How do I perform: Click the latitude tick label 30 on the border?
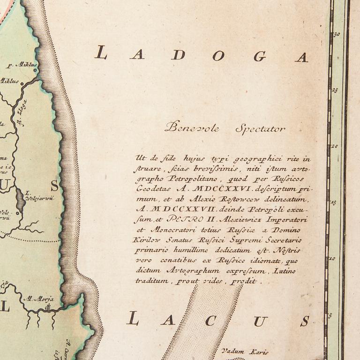[x=336, y=34]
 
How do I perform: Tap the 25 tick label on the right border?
[x=335, y=90]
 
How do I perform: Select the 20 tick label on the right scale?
[x=335, y=146]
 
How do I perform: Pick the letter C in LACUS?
[x=210, y=321]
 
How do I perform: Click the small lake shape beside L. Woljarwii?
[x=19, y=195]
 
